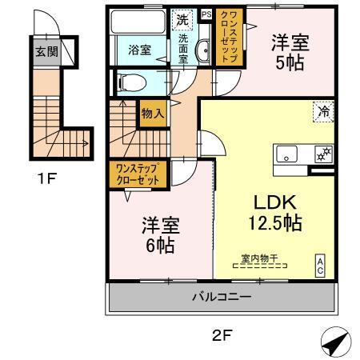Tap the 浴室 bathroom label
tap(140, 50)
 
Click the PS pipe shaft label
tap(206, 14)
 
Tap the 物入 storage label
tap(152, 114)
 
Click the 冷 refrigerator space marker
tap(324, 113)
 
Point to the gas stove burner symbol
tap(325, 154)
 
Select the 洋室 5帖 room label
tap(290, 52)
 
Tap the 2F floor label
tap(222, 337)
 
